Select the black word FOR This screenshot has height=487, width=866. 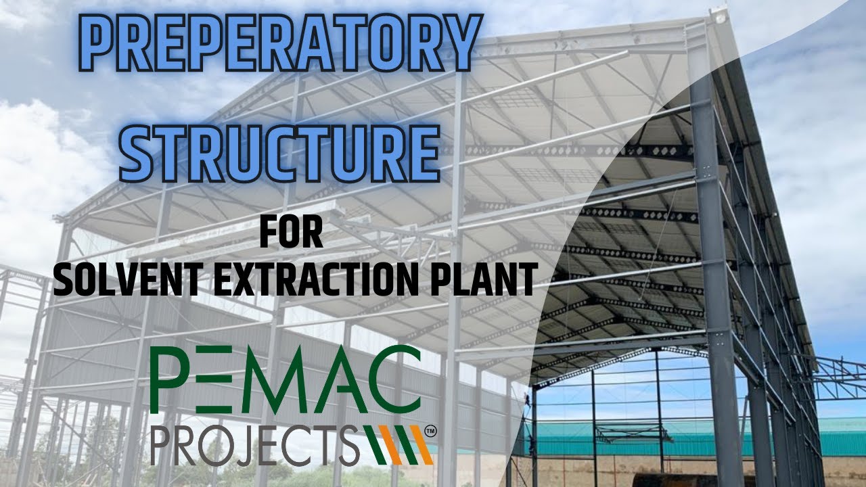(291, 233)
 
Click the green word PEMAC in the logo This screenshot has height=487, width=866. (285, 380)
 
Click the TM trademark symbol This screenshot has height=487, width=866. (429, 430)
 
